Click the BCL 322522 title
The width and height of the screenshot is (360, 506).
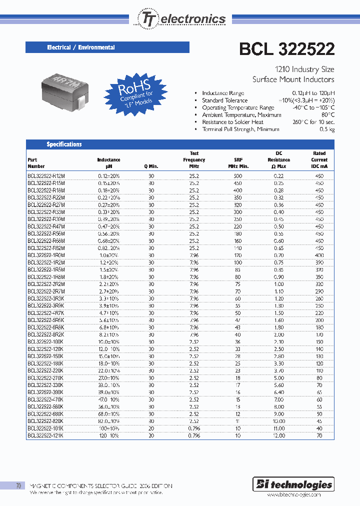coord(287,49)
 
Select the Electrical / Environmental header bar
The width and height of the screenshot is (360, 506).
coord(107,47)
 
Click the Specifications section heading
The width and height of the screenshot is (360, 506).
coord(64,144)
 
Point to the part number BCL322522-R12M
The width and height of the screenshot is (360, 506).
coord(46,176)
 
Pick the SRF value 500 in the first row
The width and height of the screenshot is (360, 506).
coord(237,176)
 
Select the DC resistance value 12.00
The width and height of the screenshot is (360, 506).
coord(278,435)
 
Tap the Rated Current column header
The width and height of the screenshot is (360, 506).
coord(319,159)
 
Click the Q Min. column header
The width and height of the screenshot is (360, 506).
coord(151,166)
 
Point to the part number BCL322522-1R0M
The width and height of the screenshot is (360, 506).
coord(46,255)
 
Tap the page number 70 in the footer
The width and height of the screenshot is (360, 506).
coord(18,485)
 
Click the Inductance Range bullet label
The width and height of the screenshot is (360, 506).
coord(222,93)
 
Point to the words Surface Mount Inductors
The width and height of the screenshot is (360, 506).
coord(293,79)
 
